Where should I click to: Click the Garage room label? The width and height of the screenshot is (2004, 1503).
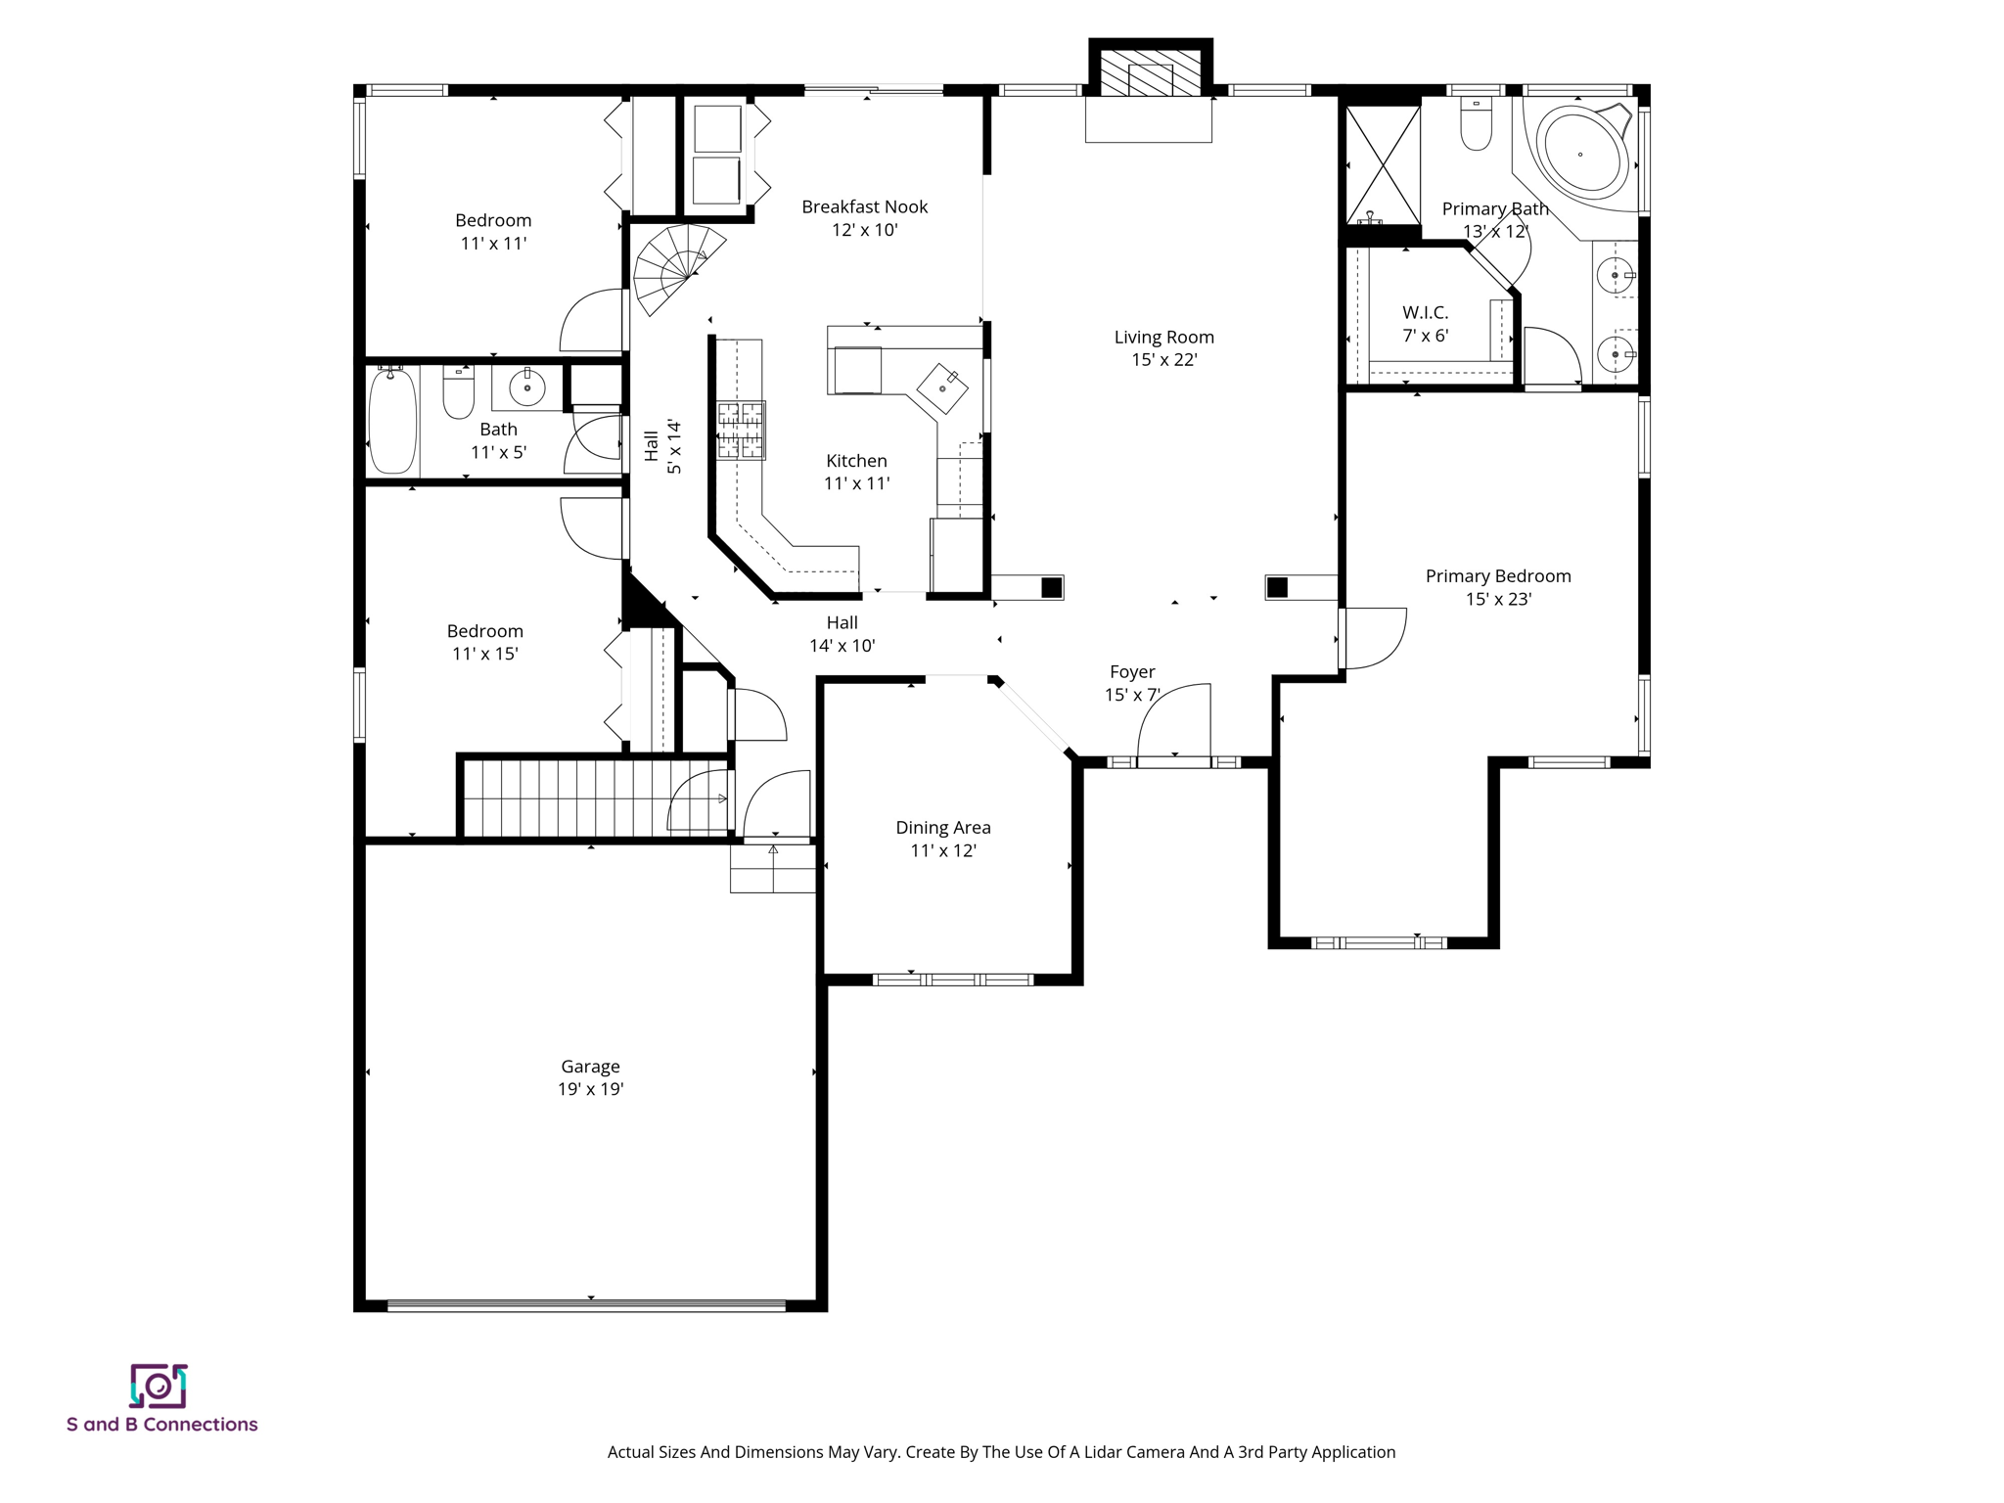[x=590, y=1067]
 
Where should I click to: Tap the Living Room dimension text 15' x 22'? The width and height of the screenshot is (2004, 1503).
[x=1163, y=360]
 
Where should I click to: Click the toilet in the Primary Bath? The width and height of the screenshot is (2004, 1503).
[x=1476, y=126]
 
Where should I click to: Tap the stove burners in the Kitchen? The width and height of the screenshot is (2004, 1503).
[x=741, y=431]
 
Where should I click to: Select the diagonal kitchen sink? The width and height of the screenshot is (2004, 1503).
[x=942, y=388]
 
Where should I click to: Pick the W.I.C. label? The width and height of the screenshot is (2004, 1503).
[x=1425, y=313]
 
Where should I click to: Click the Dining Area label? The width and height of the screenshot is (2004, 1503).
[x=942, y=828]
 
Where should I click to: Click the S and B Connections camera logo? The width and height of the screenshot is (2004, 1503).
[x=159, y=1386]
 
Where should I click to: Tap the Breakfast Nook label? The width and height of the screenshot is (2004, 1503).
[x=864, y=207]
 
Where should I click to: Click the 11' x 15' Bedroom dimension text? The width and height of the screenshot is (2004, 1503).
[x=484, y=654]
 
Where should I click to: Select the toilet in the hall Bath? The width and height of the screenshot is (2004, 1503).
[x=458, y=392]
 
